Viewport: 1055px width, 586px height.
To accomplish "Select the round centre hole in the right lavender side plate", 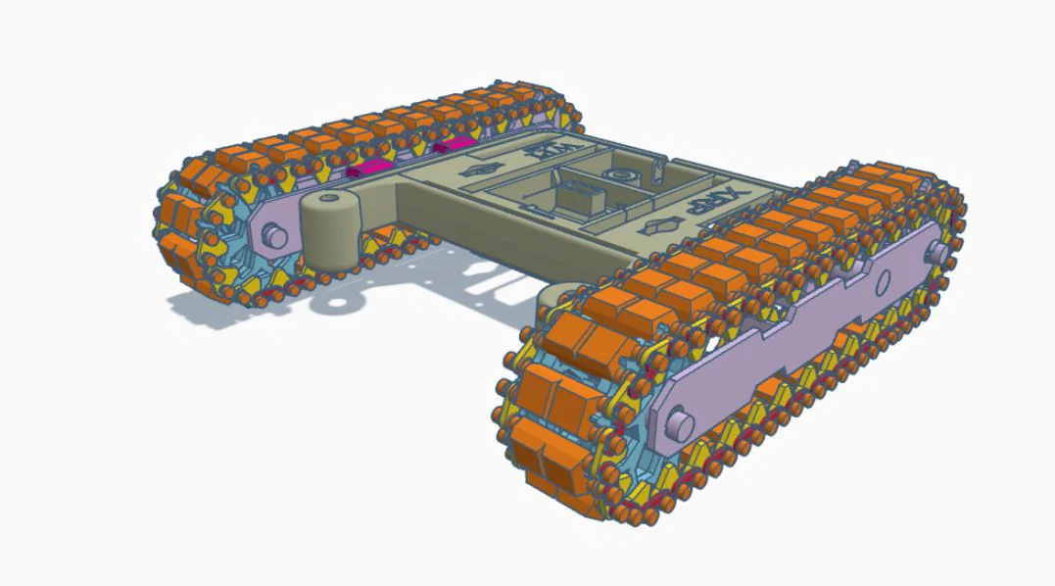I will point(880,283).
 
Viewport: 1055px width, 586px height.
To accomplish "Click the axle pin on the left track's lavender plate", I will point(274,236).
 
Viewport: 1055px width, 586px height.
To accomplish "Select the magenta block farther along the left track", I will point(452,146).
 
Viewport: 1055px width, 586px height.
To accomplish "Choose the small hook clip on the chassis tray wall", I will point(658,171).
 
